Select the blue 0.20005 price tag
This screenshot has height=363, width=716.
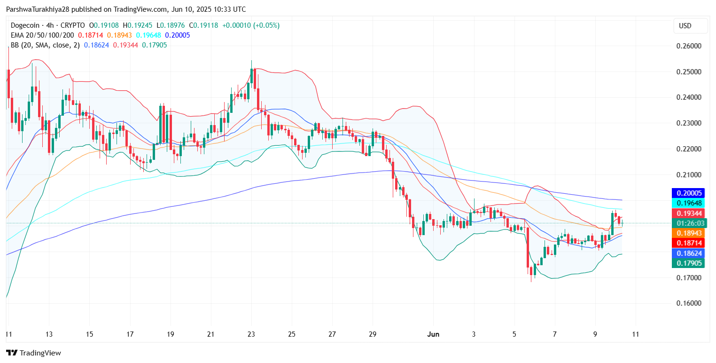tap(689, 193)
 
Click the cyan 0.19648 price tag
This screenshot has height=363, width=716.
tap(689, 203)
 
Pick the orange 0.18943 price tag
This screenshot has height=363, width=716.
tap(689, 233)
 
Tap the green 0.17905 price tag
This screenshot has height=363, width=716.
tap(689, 263)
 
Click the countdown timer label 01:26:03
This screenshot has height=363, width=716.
tap(689, 223)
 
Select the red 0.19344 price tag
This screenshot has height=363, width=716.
tap(689, 213)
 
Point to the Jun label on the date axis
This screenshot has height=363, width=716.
tap(433, 334)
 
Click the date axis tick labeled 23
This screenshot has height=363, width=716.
tap(251, 334)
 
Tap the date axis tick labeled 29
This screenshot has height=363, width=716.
tap(373, 334)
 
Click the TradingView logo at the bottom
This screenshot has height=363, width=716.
tap(33, 353)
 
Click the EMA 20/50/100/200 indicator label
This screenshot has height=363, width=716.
tap(42, 35)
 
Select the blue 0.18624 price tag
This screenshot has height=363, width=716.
tap(689, 253)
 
